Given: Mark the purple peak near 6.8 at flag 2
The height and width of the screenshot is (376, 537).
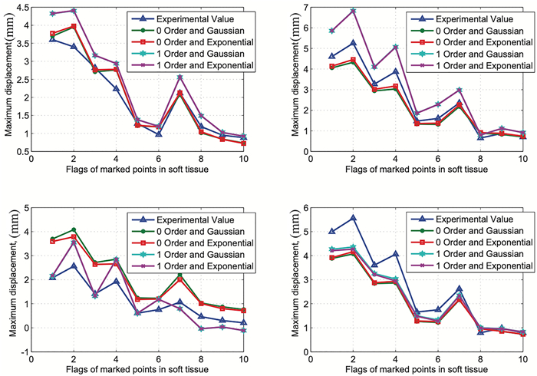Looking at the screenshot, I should click(x=352, y=11).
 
